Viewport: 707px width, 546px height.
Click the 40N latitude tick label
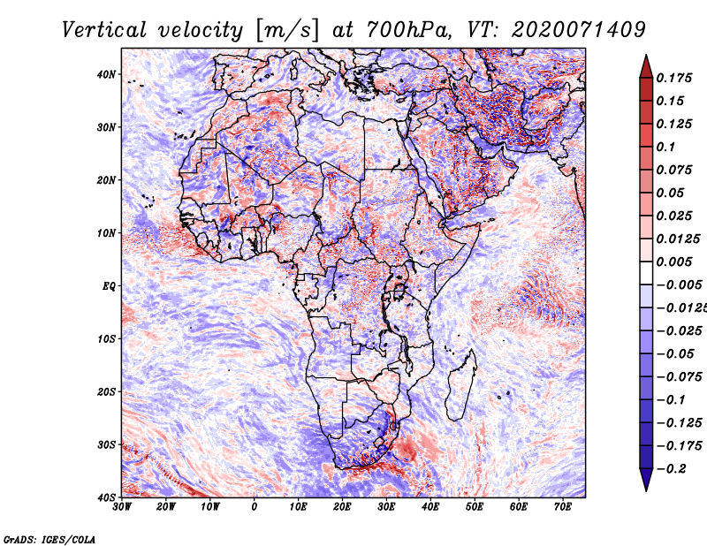point(106,74)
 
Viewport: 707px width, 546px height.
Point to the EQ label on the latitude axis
point(109,286)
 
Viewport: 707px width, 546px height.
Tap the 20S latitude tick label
point(106,391)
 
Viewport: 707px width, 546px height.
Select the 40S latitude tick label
point(106,497)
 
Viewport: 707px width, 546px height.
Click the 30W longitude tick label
point(122,507)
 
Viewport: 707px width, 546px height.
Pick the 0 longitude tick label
point(255,507)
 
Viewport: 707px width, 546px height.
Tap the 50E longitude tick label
point(475,507)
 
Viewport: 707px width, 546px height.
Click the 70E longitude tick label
point(562,507)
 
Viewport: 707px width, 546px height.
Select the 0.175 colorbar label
point(674,78)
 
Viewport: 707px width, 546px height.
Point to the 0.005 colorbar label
point(674,262)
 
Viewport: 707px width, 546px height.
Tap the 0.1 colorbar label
point(665,147)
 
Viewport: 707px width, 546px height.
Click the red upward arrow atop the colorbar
point(646,66)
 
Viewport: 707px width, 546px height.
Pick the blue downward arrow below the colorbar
point(646,480)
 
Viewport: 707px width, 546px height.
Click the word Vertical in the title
point(104,30)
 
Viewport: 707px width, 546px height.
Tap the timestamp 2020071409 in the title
point(579,30)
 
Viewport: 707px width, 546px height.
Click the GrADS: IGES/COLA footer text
point(49,539)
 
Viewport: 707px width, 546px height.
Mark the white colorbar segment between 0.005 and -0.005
point(646,273)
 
